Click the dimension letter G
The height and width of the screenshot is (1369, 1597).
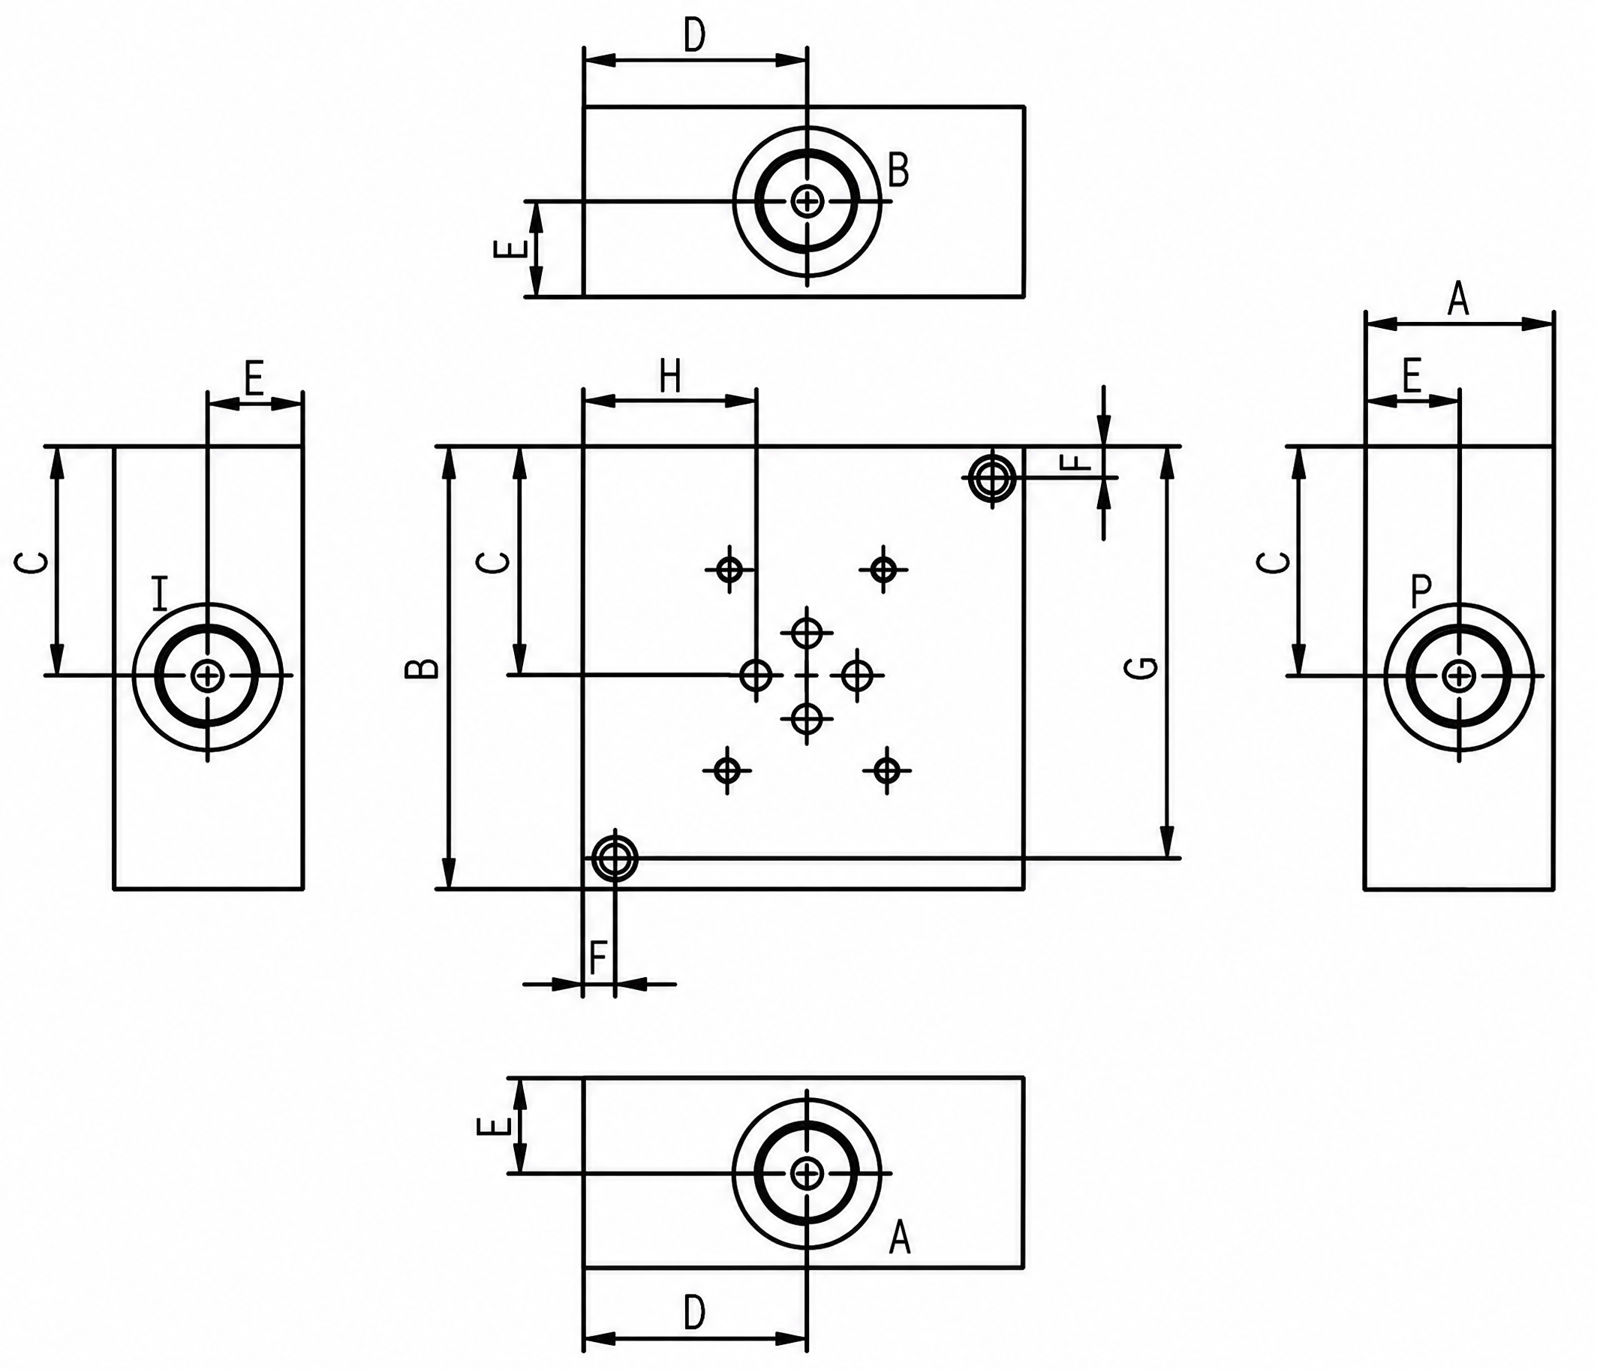click(x=1147, y=666)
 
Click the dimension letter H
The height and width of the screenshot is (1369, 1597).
click(x=671, y=377)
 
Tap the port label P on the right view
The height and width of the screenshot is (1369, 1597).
click(x=1421, y=592)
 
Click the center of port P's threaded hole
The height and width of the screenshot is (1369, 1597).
click(x=1458, y=677)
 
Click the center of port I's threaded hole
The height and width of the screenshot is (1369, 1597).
click(x=207, y=676)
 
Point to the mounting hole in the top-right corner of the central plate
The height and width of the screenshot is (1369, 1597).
click(x=992, y=478)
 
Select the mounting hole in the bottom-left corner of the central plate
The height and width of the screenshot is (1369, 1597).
click(x=615, y=857)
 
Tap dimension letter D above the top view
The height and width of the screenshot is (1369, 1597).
click(x=694, y=35)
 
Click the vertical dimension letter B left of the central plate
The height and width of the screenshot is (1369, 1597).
click(x=423, y=668)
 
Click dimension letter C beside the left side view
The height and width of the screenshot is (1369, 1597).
click(x=31, y=563)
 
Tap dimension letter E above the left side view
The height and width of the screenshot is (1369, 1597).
click(x=254, y=378)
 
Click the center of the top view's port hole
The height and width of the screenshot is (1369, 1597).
click(x=807, y=201)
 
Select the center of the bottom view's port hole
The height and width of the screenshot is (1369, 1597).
click(x=807, y=1173)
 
